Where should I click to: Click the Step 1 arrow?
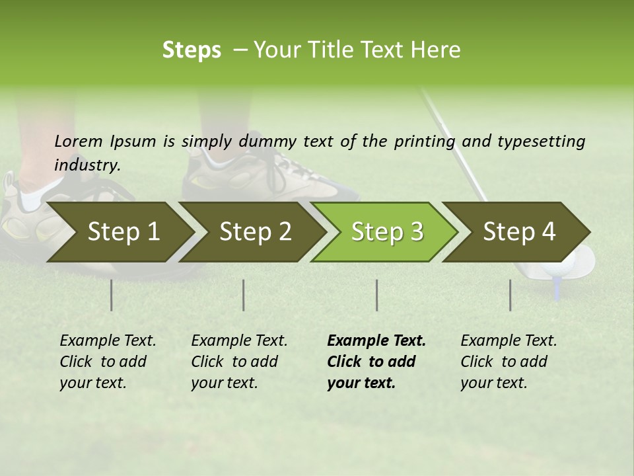(123, 232)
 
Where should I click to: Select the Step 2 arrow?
(255, 232)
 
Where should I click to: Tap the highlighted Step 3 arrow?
(387, 232)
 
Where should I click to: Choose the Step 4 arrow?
(519, 232)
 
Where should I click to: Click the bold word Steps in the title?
(192, 50)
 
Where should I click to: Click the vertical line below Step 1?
(112, 295)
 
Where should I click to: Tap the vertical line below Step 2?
(244, 295)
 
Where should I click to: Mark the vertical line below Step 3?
(376, 295)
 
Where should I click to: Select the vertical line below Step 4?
(511, 295)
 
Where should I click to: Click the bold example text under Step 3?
(376, 362)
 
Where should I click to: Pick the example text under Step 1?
(108, 362)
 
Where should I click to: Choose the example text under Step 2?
(239, 362)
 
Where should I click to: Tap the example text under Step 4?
(509, 362)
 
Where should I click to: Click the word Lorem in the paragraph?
(78, 141)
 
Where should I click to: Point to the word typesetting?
(541, 141)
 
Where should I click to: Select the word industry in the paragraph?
(87, 165)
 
